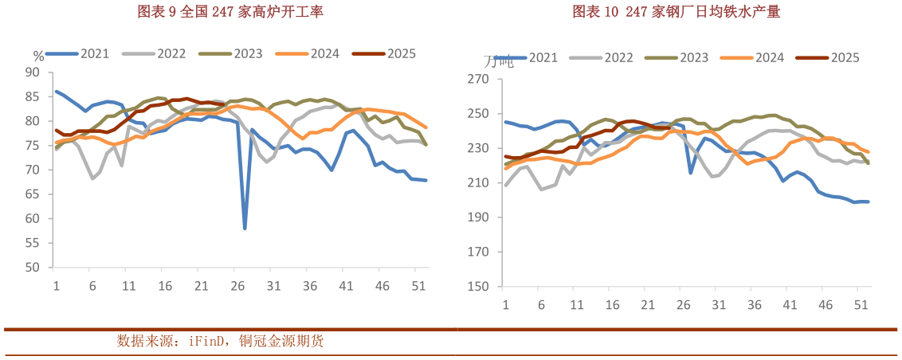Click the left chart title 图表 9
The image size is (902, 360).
[x=219, y=11]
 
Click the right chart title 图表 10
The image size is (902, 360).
[x=676, y=11]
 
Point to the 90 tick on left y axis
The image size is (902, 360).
[x=33, y=72]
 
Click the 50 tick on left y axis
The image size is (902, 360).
[x=33, y=268]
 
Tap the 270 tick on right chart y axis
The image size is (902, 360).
[x=478, y=79]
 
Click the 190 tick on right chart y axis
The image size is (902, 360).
[x=478, y=217]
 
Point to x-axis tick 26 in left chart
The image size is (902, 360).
[x=237, y=286]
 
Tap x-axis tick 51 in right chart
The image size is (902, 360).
[x=861, y=305]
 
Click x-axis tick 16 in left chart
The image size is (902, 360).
[x=164, y=286]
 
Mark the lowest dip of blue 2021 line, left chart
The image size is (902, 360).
[x=245, y=229]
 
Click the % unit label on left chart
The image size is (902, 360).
[x=38, y=56]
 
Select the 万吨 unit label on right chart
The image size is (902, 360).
[x=499, y=61]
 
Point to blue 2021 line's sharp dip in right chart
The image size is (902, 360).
[x=691, y=172]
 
